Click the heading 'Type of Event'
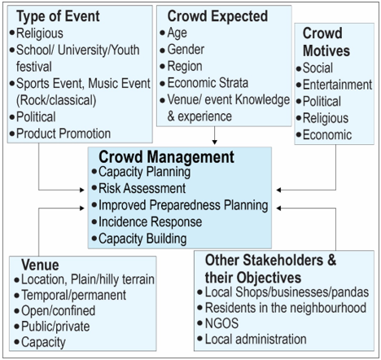[58, 16]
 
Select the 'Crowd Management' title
[166, 157]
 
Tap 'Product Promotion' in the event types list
[63, 134]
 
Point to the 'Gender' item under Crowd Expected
[186, 50]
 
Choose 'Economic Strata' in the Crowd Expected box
[208, 83]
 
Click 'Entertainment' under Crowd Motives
[337, 85]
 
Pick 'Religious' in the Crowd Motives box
[326, 118]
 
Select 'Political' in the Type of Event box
[36, 117]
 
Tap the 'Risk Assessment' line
[142, 188]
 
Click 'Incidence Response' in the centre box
[150, 222]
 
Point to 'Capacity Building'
[142, 239]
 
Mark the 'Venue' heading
[40, 265]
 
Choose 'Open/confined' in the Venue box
[58, 311]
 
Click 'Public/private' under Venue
[55, 327]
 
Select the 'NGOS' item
[221, 323]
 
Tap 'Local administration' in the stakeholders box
[256, 340]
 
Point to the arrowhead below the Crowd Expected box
[215, 142]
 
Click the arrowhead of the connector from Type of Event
[82, 190]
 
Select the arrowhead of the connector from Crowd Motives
[278, 190]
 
